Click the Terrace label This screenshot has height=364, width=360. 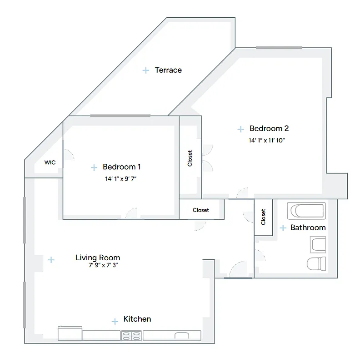(168, 70)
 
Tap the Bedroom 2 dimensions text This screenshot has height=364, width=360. (266, 141)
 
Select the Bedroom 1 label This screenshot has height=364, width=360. (122, 167)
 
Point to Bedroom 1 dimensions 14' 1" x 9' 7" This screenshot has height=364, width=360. (121, 179)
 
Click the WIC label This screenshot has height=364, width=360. (50, 162)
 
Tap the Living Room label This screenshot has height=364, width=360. (98, 258)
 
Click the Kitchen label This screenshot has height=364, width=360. (137, 319)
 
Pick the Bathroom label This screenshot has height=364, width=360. (308, 227)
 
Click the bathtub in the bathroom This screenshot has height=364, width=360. (306, 211)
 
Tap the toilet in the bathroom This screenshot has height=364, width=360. (316, 263)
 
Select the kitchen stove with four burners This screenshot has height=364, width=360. (132, 336)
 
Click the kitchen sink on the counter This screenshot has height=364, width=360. (182, 336)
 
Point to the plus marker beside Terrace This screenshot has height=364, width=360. (146, 71)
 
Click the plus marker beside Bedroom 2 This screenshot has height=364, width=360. (240, 129)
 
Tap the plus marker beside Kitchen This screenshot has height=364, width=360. (115, 321)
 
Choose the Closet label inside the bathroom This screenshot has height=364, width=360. (263, 217)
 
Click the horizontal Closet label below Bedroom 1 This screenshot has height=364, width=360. (201, 210)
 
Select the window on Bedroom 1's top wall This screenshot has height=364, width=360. (120, 116)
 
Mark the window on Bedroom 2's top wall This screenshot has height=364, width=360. (279, 47)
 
